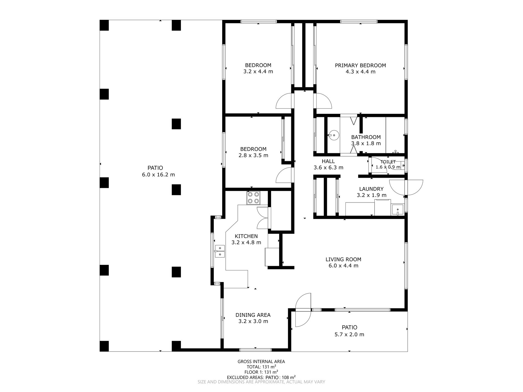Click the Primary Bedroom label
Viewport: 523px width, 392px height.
(x=360, y=65)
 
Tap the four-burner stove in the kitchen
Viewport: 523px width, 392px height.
(x=253, y=198)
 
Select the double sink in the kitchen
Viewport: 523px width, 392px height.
(x=220, y=251)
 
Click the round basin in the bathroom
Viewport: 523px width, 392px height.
(x=334, y=135)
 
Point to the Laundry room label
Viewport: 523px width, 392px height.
(x=371, y=189)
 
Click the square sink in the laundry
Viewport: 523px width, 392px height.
(x=398, y=210)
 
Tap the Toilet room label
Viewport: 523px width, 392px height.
(x=388, y=162)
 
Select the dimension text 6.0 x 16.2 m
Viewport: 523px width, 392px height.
(x=159, y=174)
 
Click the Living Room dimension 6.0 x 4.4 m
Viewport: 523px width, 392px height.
(x=344, y=266)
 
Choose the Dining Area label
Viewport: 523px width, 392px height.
(x=253, y=315)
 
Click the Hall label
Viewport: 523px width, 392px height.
(x=328, y=161)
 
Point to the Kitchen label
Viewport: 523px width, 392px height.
(x=246, y=236)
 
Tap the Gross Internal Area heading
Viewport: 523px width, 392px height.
(x=261, y=362)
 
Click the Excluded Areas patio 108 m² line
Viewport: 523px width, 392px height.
(x=261, y=377)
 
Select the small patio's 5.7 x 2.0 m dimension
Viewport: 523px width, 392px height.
(x=350, y=335)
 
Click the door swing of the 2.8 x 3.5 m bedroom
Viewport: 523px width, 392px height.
(x=284, y=176)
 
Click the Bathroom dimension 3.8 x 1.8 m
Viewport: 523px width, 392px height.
(x=366, y=143)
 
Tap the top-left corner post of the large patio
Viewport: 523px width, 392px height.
(x=104, y=25)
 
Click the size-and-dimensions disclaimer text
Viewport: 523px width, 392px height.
(x=261, y=382)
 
